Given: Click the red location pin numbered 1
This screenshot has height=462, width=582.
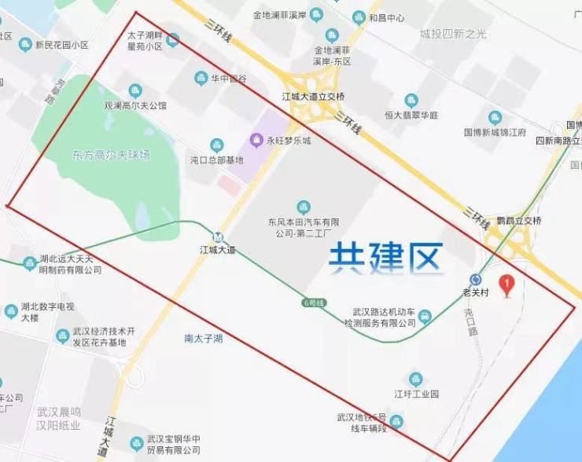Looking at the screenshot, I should tap(508, 284).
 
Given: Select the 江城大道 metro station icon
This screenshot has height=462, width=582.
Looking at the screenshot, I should tap(218, 236).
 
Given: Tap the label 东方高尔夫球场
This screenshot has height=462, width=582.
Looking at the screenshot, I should tap(105, 155).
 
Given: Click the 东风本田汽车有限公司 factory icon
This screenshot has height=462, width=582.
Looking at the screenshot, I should tap(304, 207).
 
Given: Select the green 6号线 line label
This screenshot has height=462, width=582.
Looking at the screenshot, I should tap(313, 302).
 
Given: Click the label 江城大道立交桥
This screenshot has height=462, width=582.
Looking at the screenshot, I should tap(313, 97).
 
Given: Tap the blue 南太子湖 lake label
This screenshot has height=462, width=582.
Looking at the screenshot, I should tap(204, 339).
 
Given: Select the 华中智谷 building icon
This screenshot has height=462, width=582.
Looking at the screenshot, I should tap(200, 78).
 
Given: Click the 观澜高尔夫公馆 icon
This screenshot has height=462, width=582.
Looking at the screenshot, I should tap(135, 90).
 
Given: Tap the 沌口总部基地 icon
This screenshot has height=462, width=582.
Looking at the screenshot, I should tap(216, 145).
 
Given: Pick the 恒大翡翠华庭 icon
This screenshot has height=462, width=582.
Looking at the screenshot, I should tap(411, 100).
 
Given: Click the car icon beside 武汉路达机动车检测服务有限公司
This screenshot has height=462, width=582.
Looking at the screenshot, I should tap(425, 317).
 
